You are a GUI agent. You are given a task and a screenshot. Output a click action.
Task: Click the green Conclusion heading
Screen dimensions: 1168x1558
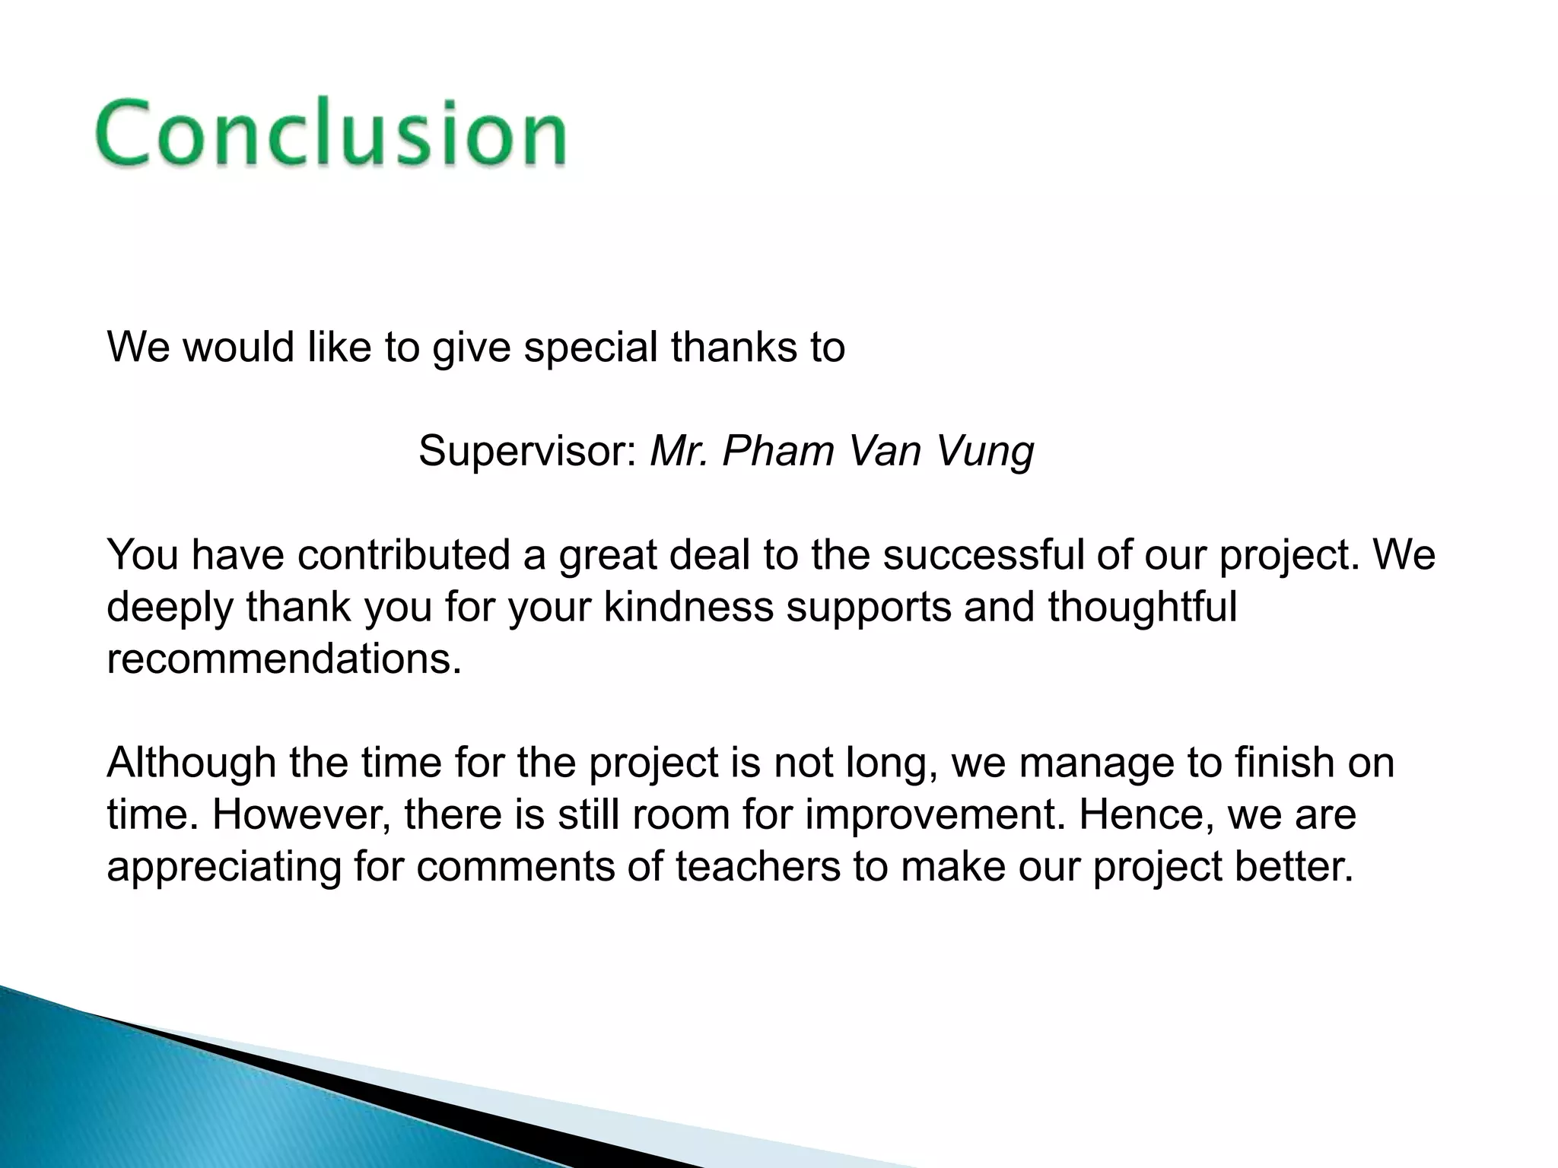click(x=331, y=133)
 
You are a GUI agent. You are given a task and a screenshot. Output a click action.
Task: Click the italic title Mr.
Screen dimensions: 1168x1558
click(x=679, y=451)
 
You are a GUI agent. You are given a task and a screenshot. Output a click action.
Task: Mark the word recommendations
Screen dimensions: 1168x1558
click(x=284, y=659)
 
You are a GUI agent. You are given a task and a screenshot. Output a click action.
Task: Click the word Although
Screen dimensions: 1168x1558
click(x=191, y=763)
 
